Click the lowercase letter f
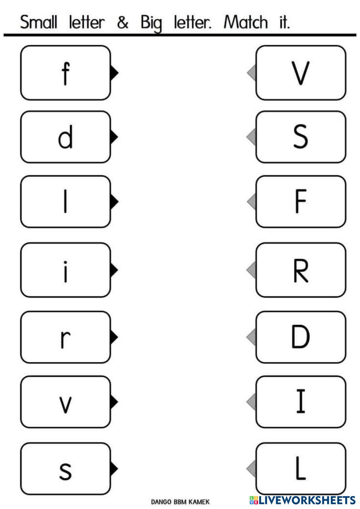coord(65,73)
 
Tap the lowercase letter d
coord(65,138)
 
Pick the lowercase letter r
coord(65,338)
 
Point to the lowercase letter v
coord(65,404)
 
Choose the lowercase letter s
coord(65,470)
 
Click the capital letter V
coord(300,73)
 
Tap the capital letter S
coord(300,137)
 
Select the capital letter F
coord(300,202)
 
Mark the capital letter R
coord(300,271)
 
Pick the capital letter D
coord(300,337)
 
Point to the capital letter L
coord(300,469)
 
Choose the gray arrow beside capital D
coord(252,337)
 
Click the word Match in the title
coord(246,23)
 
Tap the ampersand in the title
coord(123,23)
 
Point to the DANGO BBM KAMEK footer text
coord(180,501)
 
